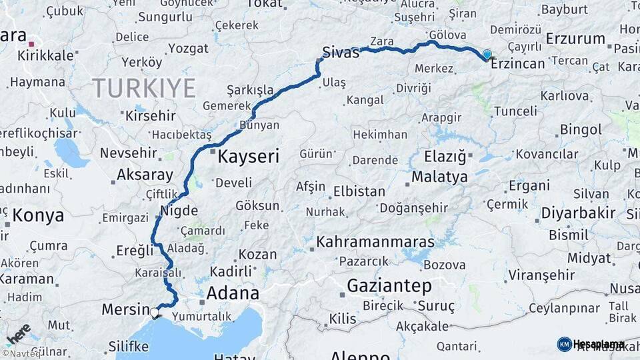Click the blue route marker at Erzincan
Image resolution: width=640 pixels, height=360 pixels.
coord(487,54)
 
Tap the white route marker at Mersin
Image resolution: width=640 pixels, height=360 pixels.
coord(155,311)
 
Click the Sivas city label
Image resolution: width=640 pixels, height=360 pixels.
coord(340,53)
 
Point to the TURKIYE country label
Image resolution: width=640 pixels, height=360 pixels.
coord(144,88)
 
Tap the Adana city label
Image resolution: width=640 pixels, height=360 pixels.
coord(233,293)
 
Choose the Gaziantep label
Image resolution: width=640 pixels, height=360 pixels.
coord(389,286)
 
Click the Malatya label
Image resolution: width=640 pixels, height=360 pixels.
coord(439,177)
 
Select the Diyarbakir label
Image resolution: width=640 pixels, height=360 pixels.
coord(578,213)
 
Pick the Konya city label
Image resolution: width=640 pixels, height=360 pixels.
coord(39,215)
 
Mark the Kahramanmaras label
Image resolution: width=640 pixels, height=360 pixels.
coord(375,242)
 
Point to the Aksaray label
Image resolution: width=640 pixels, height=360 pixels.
coord(145,175)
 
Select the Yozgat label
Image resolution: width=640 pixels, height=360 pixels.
coord(189,48)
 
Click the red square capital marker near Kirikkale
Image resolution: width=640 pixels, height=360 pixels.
coord(31,44)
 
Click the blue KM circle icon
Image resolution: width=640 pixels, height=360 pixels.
coord(564,344)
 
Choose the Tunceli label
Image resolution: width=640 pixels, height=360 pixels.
coord(515,111)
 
